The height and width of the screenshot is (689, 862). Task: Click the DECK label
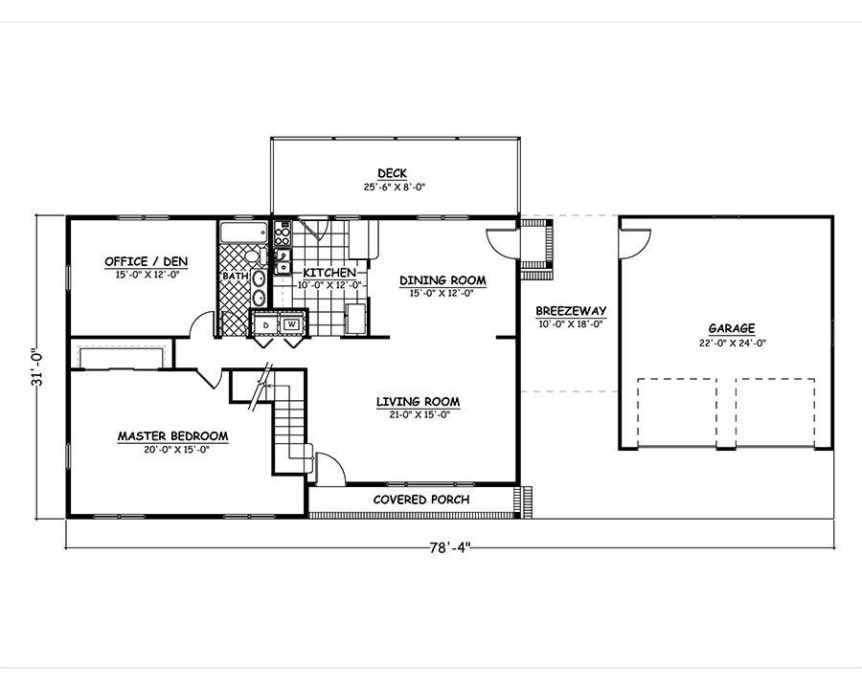pos(392,173)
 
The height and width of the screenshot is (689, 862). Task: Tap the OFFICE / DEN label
pos(147,261)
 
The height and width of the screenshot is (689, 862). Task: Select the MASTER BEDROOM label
pos(172,436)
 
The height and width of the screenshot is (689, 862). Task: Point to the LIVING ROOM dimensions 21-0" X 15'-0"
pos(418,415)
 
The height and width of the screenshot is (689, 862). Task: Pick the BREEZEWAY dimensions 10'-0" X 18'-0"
pos(571,324)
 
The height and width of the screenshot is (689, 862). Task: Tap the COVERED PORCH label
pos(421,500)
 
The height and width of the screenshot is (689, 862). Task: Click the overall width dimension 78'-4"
pos(451,548)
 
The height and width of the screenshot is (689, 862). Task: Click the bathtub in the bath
pos(244,233)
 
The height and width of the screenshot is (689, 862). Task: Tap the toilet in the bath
pos(255,256)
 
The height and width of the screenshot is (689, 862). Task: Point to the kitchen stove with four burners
pos(282,233)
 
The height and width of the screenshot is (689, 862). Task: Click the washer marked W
pos(291,324)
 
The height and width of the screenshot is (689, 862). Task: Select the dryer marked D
pos(266,324)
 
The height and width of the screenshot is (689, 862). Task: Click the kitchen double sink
pos(283,261)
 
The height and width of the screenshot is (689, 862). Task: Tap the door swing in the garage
pos(635,243)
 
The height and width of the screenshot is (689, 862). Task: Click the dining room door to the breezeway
pos(502,243)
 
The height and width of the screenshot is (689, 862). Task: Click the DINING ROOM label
pos(442,280)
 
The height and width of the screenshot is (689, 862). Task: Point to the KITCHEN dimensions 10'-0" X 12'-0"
pos(329,285)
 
